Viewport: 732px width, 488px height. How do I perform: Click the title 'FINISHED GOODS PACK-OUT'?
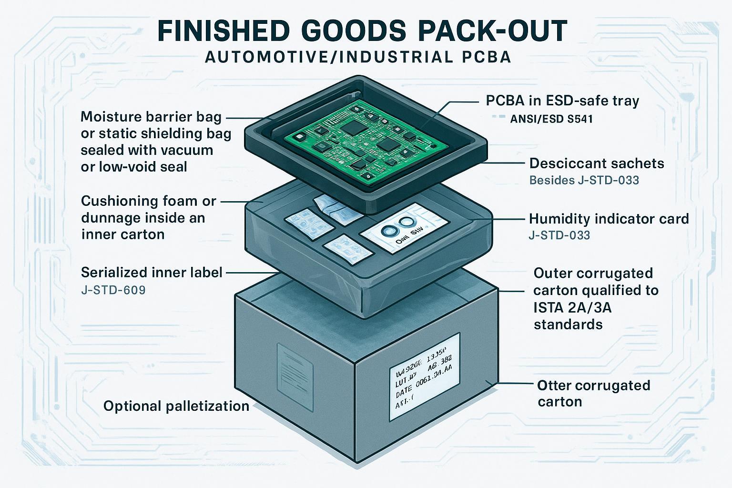click(x=362, y=31)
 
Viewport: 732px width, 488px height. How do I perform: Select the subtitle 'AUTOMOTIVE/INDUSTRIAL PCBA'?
click(x=358, y=57)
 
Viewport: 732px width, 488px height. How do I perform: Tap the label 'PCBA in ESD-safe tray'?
click(x=562, y=101)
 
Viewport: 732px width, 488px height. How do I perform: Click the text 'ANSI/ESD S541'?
click(x=551, y=119)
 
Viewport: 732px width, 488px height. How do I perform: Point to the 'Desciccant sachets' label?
click(x=596, y=163)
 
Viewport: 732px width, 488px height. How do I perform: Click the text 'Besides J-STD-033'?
click(x=584, y=180)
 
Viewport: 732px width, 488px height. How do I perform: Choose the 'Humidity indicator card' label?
click(x=609, y=219)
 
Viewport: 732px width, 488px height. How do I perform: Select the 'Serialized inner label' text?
click(x=152, y=272)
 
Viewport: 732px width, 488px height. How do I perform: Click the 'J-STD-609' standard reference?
click(x=113, y=289)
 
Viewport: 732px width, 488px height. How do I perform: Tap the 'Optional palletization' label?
click(x=176, y=406)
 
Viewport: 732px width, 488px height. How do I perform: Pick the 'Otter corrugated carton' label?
click(x=593, y=393)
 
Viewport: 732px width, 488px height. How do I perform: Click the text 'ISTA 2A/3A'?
click(x=572, y=307)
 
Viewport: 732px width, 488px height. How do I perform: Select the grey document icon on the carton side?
click(x=295, y=367)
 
